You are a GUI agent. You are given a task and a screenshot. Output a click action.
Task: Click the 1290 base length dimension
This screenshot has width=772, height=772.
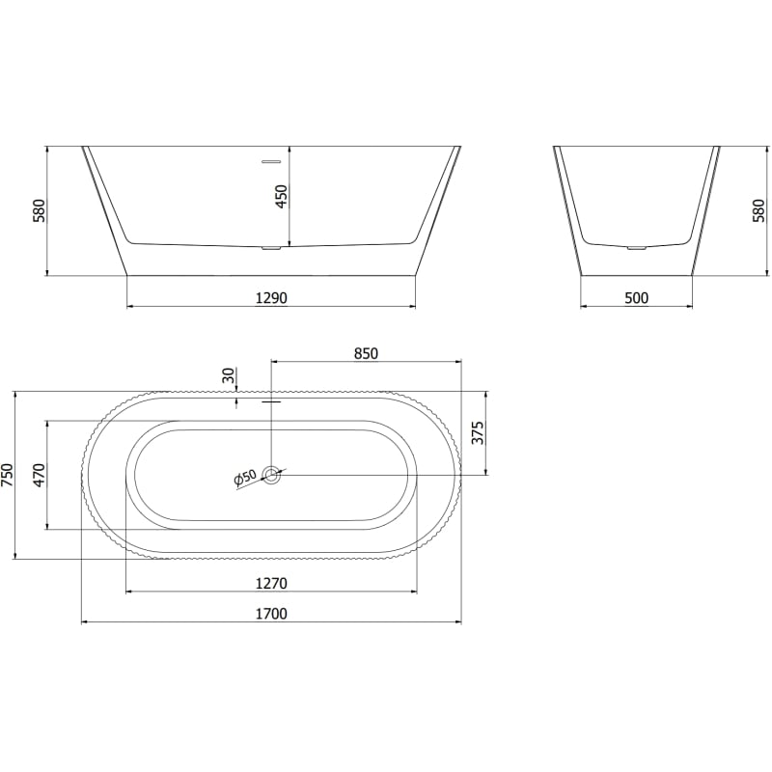coord(271,298)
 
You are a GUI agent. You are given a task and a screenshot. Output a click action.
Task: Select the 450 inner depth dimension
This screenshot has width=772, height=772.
coord(281,196)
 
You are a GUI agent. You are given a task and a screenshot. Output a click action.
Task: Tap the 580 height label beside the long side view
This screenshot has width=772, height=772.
coord(39,210)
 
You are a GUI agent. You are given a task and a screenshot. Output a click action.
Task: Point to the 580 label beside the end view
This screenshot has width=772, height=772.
coord(759,210)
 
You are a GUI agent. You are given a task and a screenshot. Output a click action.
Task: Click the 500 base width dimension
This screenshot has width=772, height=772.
coord(637,298)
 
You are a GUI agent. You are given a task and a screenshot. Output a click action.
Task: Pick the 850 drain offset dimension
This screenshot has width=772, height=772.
coord(366,353)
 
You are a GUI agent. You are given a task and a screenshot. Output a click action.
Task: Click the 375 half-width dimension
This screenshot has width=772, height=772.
coord(478,432)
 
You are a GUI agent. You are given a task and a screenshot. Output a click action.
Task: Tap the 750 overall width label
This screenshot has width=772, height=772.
coord(9,475)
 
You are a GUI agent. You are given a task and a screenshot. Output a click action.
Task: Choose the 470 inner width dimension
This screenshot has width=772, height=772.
coord(39,475)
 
